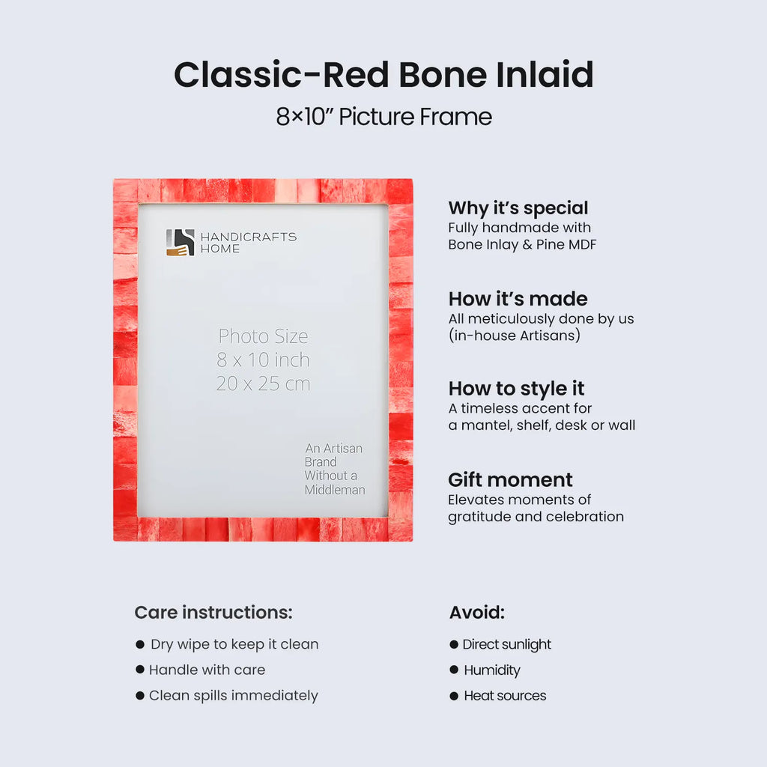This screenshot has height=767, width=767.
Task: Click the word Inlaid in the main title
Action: pyautogui.click(x=545, y=75)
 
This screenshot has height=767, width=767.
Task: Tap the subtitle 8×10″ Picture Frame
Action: pyautogui.click(x=383, y=117)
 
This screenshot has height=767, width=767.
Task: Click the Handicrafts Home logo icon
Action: pyautogui.click(x=180, y=242)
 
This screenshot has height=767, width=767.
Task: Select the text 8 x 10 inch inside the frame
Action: pyautogui.click(x=263, y=360)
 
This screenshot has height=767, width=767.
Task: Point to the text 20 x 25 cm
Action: pyautogui.click(x=263, y=384)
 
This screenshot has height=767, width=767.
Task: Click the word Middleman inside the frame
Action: pyautogui.click(x=335, y=490)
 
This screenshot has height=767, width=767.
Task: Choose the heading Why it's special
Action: pyautogui.click(x=518, y=208)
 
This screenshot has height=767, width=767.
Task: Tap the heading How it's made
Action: pyautogui.click(x=518, y=299)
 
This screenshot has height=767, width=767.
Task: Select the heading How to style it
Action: pyautogui.click(x=516, y=389)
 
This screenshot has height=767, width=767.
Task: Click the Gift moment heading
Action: pyautogui.click(x=510, y=479)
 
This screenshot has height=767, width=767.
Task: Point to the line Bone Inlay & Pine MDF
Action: pyautogui.click(x=522, y=245)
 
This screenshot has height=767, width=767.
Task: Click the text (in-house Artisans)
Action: pyautogui.click(x=514, y=336)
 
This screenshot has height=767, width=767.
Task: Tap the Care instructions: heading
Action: pyautogui.click(x=213, y=613)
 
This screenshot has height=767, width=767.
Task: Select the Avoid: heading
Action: pyautogui.click(x=477, y=613)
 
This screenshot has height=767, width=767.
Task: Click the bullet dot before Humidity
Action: pyautogui.click(x=454, y=670)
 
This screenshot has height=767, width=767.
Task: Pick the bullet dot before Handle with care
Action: pyautogui.click(x=140, y=670)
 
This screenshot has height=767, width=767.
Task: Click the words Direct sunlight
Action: pyautogui.click(x=506, y=645)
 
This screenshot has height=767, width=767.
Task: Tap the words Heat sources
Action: pyautogui.click(x=505, y=696)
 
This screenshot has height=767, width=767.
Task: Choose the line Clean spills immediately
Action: pyautogui.click(x=233, y=696)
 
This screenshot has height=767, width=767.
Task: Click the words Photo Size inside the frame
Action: pyautogui.click(x=263, y=336)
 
